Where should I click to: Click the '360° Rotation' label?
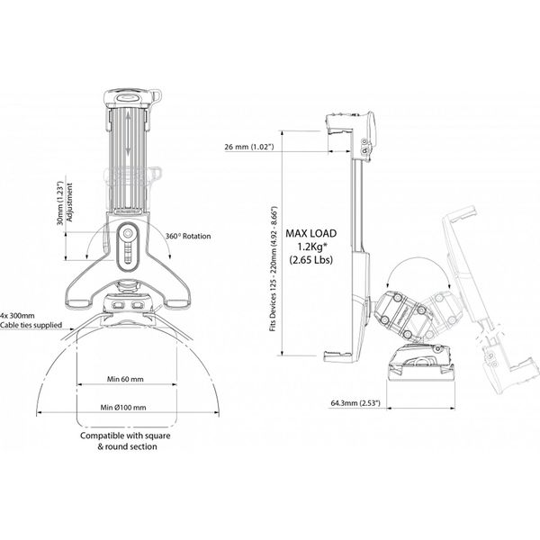pyautogui.click(x=188, y=236)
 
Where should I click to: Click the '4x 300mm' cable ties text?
pyautogui.click(x=18, y=315)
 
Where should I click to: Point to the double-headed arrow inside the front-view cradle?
pyautogui.click(x=131, y=136)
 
